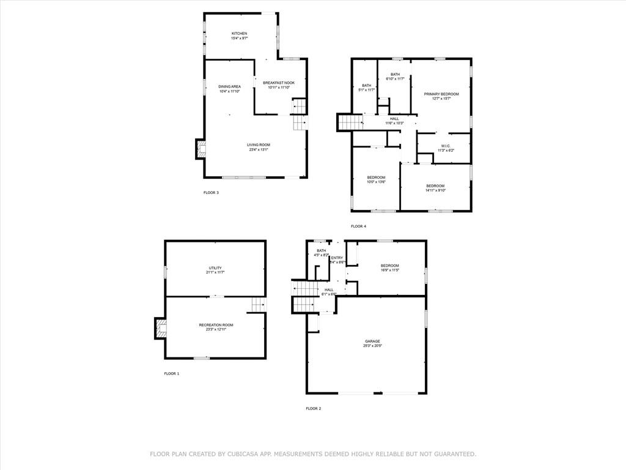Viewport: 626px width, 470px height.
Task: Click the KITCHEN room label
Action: point(239,33)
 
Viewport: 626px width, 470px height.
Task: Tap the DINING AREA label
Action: point(229,87)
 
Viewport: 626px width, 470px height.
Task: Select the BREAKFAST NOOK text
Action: point(279,83)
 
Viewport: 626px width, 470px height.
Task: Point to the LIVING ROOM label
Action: point(259,145)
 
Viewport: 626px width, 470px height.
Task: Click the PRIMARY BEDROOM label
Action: point(441,94)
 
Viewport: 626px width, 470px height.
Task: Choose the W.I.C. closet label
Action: point(445,146)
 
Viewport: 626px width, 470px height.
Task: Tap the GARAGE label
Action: point(373,341)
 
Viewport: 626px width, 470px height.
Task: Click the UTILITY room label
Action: point(215,268)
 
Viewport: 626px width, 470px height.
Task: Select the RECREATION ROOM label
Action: point(216,325)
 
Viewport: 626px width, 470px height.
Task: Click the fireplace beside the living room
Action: point(200,149)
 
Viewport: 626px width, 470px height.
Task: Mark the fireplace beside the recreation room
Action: point(160,328)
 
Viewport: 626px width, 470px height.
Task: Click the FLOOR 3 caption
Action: point(211,193)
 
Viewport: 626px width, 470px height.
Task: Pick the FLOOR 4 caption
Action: point(358,226)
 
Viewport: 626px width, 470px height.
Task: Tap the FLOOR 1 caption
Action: point(172,373)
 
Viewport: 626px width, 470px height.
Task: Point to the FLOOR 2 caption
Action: point(313,408)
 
